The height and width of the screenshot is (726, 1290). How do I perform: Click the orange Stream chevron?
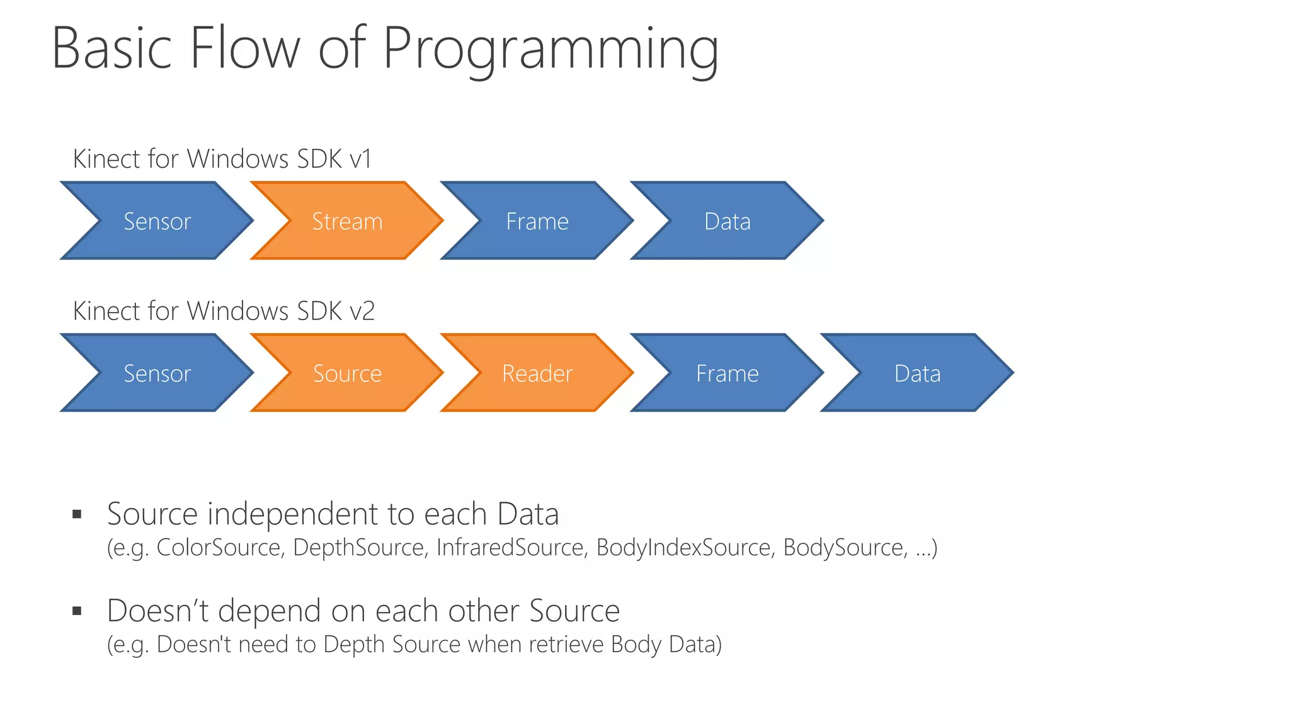point(347,221)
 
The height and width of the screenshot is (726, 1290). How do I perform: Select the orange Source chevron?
point(347,373)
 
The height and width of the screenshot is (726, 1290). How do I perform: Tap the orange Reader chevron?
point(537,373)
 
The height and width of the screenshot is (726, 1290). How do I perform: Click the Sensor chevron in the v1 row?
point(157,221)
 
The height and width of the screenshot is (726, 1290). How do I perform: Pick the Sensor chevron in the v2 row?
point(157,373)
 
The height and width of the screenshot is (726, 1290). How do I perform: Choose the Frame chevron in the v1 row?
point(537,221)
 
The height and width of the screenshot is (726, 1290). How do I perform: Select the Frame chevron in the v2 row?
point(728,373)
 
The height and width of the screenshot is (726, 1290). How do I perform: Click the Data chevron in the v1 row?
point(728,221)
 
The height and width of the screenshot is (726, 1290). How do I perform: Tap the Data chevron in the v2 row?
point(918,373)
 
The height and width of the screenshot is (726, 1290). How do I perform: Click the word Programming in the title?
point(550,49)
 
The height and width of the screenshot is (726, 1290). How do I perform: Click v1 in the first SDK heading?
point(360,159)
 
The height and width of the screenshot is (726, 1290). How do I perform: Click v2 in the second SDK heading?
point(362,311)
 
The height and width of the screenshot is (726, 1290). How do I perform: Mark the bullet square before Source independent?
point(77,514)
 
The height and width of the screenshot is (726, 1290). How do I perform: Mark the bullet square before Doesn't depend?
point(77,611)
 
